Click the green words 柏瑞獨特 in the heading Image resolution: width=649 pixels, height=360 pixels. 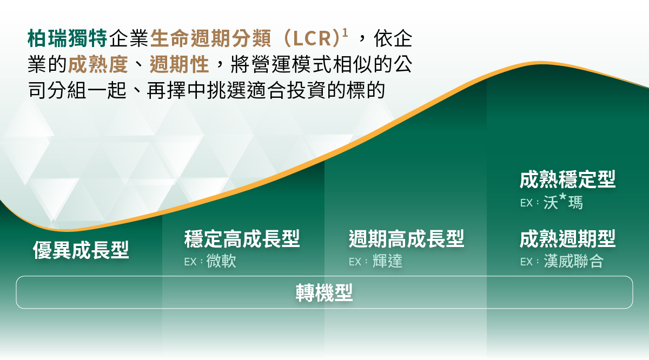[68, 38]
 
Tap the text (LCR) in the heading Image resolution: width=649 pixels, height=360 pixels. [312, 38]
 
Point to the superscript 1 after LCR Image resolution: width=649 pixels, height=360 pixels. [345, 33]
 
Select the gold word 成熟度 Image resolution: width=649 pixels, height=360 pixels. [98, 64]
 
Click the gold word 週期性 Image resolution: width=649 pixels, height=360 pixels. [179, 64]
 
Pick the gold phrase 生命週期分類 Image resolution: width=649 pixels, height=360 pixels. [210, 38]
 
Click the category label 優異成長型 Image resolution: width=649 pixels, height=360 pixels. [81, 250]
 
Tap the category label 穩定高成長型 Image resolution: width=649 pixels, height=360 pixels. [242, 238]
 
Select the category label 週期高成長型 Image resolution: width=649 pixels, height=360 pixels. [406, 238]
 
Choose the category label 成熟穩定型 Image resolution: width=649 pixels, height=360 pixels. [567, 179]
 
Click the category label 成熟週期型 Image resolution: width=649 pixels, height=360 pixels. [567, 238]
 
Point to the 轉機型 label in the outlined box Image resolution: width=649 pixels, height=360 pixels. [324, 292]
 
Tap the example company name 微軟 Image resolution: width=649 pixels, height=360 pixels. [221, 261]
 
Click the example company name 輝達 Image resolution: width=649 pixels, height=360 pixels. [387, 261]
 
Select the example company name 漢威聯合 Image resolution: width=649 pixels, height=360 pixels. [573, 261]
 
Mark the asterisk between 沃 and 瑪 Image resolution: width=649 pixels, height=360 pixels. [562, 197]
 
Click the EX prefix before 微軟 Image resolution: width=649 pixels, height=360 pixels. [190, 262]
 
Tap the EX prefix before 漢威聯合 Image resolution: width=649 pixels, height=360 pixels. [526, 262]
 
